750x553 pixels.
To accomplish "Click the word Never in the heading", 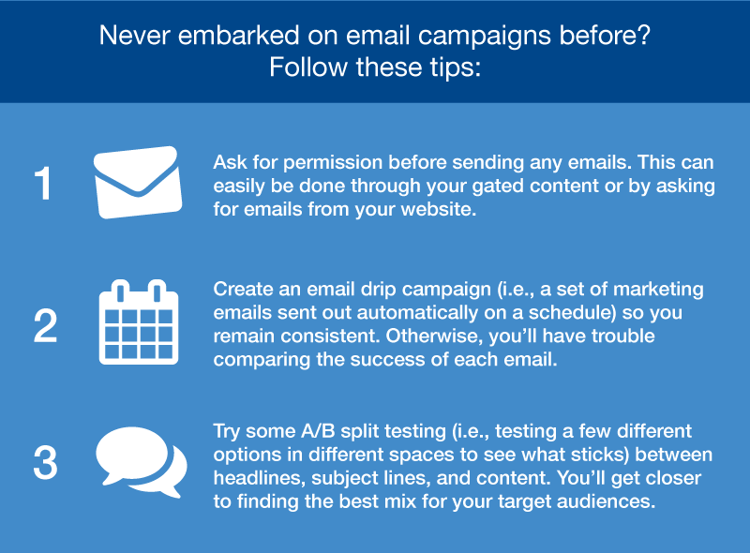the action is tap(134, 36).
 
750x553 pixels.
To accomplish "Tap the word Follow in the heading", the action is tap(308, 67).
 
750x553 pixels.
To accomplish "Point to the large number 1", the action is tap(43, 184).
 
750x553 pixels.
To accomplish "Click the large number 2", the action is tap(45, 326).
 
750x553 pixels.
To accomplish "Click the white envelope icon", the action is tap(138, 182).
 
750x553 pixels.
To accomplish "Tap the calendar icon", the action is tap(139, 321).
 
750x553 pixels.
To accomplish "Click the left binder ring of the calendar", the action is tap(121, 291).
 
